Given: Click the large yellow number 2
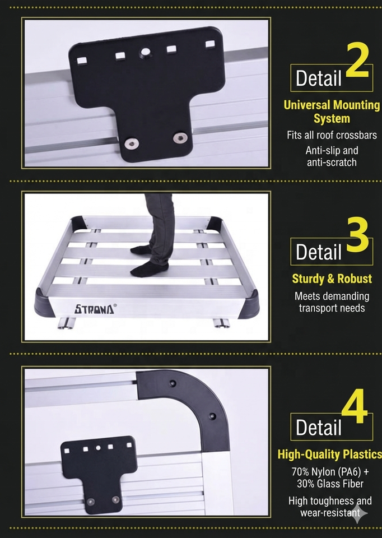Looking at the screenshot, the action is [x=357, y=60].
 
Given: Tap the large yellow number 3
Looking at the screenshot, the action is [x=358, y=235].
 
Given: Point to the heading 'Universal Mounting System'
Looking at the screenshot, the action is [x=332, y=112].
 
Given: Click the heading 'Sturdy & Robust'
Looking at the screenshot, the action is [x=332, y=279].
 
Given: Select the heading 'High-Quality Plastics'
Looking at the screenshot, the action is [x=329, y=454].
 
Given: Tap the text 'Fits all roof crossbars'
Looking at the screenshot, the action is [x=332, y=135].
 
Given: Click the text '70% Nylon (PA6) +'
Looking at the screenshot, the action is [x=330, y=472].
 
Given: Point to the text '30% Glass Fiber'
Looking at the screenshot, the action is [x=330, y=484].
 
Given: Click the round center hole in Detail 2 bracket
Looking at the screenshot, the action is [x=145, y=53].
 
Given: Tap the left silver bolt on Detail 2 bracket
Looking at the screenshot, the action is [x=131, y=143].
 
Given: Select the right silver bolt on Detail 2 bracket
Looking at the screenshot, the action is [x=179, y=138].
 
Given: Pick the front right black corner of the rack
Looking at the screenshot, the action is [x=251, y=304].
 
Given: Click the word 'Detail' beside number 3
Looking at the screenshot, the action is [x=319, y=252].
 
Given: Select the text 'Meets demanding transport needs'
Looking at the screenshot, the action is [x=332, y=302].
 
